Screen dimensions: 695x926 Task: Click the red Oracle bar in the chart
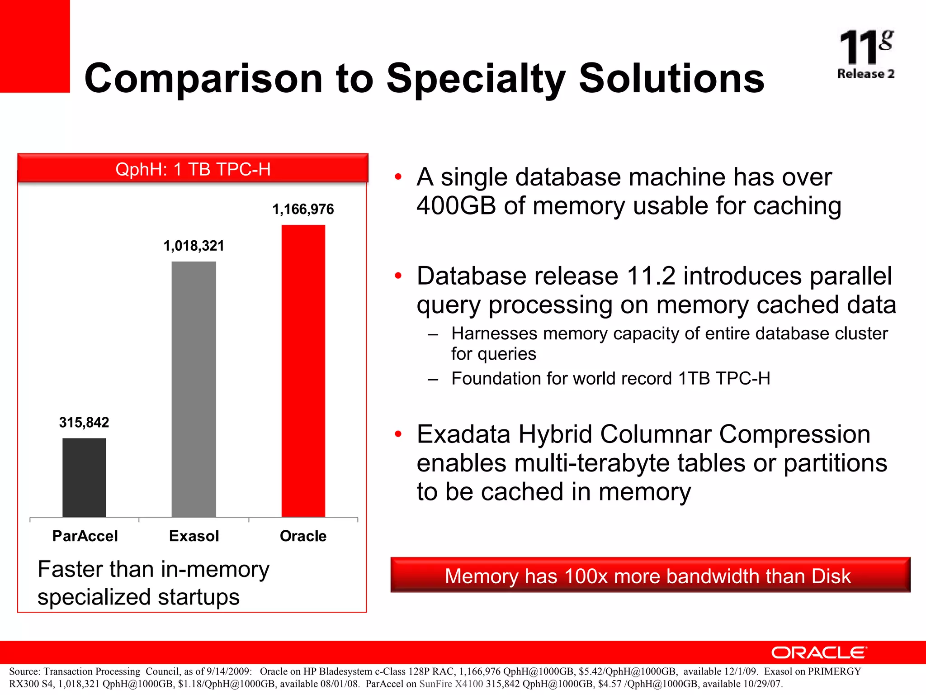coord(303,371)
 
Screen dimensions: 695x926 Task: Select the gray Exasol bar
coord(194,389)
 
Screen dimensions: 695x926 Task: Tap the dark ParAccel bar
coord(84,477)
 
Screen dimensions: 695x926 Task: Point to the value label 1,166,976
coord(303,209)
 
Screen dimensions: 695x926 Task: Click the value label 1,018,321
coord(194,246)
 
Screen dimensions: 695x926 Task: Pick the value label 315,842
coord(84,422)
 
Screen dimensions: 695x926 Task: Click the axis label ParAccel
coord(85,536)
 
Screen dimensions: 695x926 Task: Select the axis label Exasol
coord(194,536)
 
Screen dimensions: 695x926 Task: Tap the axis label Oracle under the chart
coord(303,536)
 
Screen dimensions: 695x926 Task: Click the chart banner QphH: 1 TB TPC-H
coord(193,169)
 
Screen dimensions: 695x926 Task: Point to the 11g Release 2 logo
coord(865,54)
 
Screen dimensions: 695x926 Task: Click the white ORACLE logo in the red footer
coord(819,652)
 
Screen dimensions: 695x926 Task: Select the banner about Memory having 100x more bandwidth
coord(650,576)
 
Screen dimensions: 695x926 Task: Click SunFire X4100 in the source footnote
coord(451,684)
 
